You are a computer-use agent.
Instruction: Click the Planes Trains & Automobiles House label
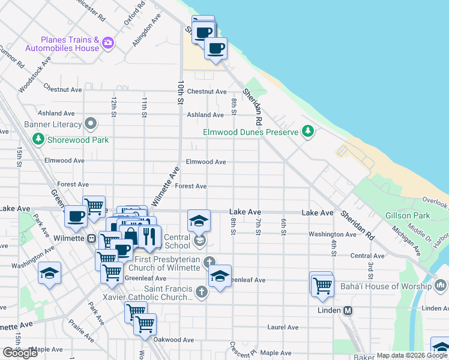(61, 43)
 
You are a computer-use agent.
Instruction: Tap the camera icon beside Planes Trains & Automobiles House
(108, 42)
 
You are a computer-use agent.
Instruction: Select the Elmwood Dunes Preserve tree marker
(308, 131)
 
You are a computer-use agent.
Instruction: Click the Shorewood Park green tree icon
(38, 139)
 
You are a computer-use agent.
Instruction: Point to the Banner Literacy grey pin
(91, 124)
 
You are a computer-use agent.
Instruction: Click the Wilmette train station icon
(92, 238)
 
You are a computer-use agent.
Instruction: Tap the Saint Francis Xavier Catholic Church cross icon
(202, 292)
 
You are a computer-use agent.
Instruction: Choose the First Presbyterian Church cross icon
(208, 262)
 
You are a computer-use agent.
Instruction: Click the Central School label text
(177, 241)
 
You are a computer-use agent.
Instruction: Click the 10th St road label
(179, 92)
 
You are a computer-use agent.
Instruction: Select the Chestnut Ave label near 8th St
(206, 92)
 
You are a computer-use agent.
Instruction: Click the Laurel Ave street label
(283, 327)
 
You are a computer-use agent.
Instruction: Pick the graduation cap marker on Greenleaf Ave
(220, 277)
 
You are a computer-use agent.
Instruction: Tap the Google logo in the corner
(20, 352)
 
